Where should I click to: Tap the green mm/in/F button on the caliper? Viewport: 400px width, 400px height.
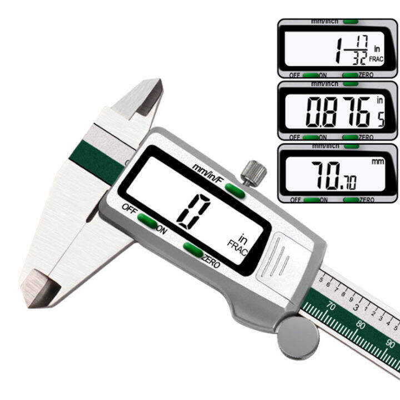[233, 191]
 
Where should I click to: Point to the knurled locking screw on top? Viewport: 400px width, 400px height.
[254, 172]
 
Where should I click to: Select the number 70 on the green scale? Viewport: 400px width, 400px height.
[331, 305]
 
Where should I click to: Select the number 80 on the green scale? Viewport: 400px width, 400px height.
[362, 323]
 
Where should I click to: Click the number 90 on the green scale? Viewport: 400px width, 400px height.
[391, 342]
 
